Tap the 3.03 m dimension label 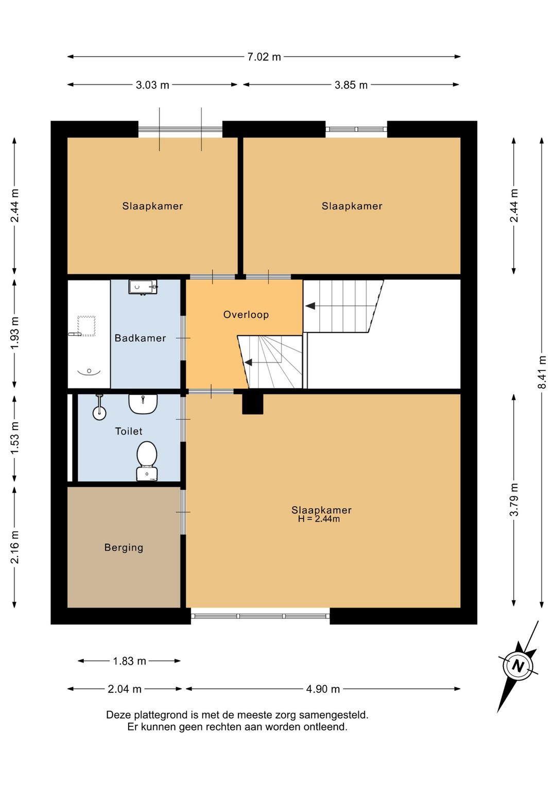click(x=152, y=85)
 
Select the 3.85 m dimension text click(x=351, y=85)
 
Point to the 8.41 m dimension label click(x=542, y=372)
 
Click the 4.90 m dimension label click(x=323, y=689)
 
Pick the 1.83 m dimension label click(x=129, y=661)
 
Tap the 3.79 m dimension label click(x=514, y=499)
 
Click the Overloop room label click(x=246, y=314)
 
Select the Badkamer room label click(x=141, y=338)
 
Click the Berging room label click(x=124, y=547)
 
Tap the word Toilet click(x=129, y=431)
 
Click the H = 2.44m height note click(x=319, y=519)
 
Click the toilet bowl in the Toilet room click(x=147, y=461)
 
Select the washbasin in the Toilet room click(x=143, y=404)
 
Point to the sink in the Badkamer click(x=143, y=288)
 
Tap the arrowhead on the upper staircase click(x=310, y=306)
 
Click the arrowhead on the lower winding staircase click(x=248, y=362)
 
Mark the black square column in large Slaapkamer click(x=253, y=404)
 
